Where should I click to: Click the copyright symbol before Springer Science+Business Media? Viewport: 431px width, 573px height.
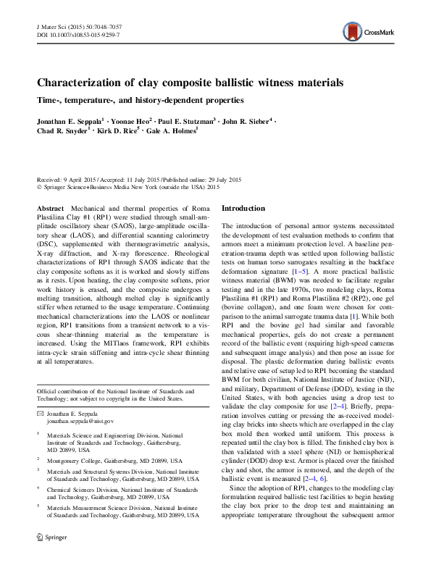pyautogui.click(x=39, y=186)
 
